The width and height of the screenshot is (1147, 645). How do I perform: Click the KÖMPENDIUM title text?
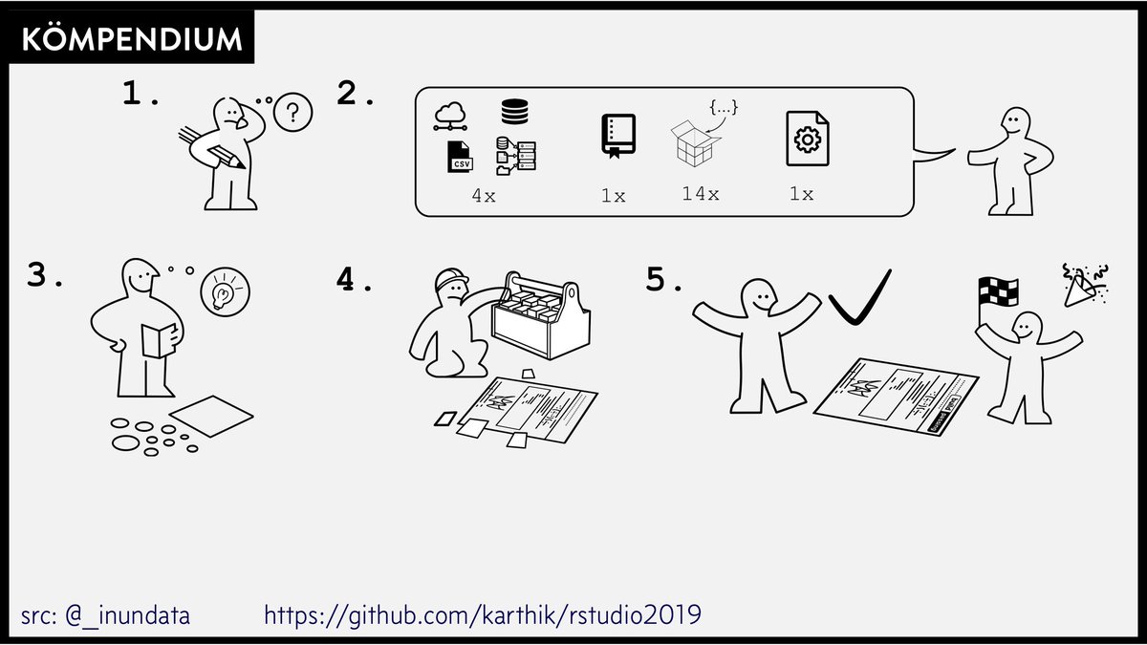(131, 39)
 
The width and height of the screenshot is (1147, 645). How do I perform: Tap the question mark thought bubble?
(292, 114)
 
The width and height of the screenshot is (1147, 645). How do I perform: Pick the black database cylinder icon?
(514, 111)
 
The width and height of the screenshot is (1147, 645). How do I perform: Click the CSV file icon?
(460, 157)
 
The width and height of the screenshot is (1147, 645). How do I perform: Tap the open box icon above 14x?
(695, 142)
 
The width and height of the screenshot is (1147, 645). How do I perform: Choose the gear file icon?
(807, 140)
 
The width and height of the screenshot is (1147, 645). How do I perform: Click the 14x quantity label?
(700, 193)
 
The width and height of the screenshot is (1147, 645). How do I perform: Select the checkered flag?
(997, 290)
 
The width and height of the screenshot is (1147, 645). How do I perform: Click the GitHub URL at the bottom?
(482, 614)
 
